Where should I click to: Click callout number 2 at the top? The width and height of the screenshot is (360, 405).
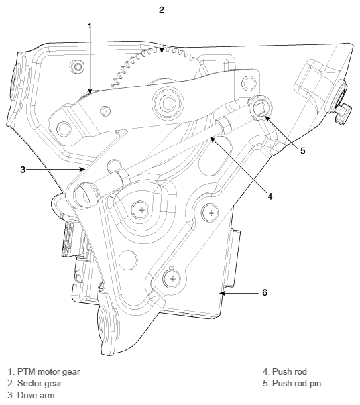(161, 11)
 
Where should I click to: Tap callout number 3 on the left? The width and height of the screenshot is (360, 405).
(23, 169)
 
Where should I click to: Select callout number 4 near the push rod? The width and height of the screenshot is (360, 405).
(270, 196)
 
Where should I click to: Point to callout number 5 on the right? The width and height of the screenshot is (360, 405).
(302, 151)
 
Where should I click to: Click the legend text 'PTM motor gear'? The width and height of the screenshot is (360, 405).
(47, 371)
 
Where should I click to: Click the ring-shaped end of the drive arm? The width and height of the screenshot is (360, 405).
(86, 196)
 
